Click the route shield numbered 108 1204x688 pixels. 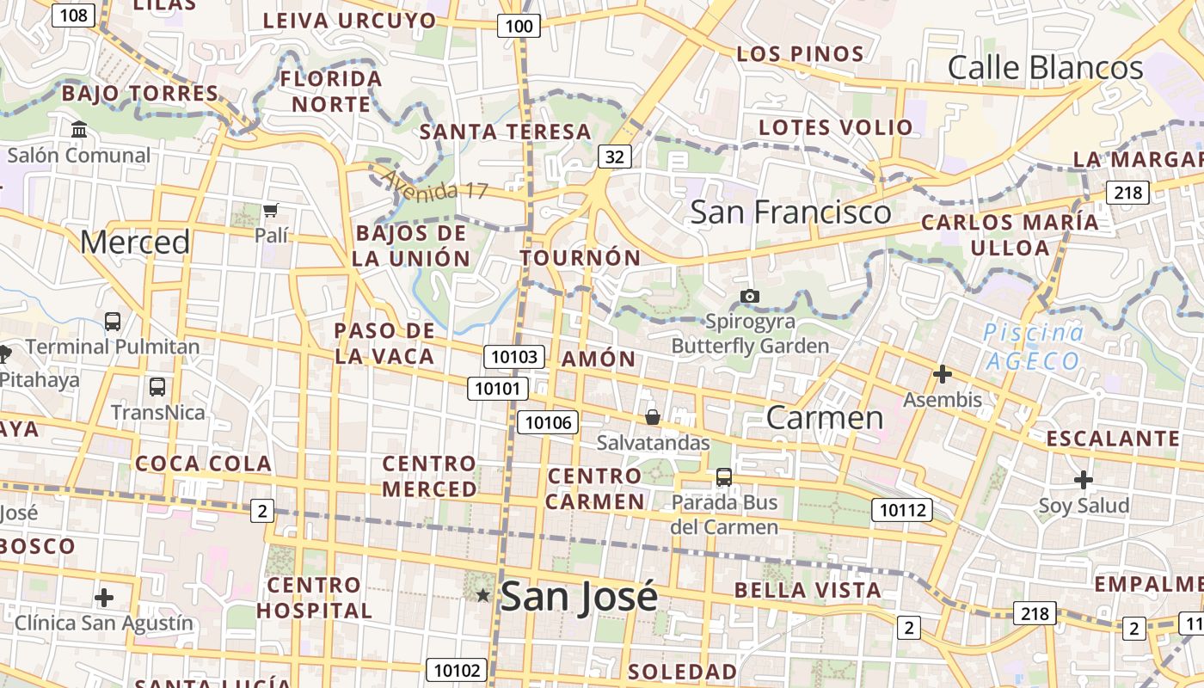pos(74,15)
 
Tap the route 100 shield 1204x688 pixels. pos(519,26)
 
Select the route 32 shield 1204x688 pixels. pos(614,156)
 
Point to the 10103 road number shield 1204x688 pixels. pos(515,357)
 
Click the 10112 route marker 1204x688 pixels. pos(901,510)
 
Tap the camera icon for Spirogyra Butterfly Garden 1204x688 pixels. pos(750,296)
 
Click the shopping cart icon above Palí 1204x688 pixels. pos(271,210)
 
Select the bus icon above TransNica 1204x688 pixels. pos(157,387)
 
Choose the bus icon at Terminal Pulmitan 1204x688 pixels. pos(113,322)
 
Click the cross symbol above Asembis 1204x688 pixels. pos(943,374)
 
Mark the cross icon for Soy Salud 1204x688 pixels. pos(1084,479)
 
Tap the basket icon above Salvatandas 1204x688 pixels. pos(653,417)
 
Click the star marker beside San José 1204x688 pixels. pos(483,595)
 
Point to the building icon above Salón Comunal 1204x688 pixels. pos(79,130)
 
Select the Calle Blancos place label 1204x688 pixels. pos(1045,68)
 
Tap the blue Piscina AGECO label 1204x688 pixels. pos(1032,346)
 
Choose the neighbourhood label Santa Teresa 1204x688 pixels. pos(506,132)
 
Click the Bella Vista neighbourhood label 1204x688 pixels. pos(808,590)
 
